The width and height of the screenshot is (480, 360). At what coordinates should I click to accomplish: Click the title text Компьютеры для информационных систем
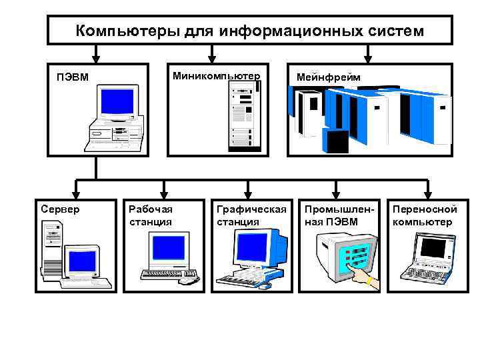pos(249,31)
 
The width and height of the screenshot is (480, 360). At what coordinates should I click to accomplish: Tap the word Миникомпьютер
pos(216,75)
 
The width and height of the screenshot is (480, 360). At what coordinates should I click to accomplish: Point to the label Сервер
pos(60,209)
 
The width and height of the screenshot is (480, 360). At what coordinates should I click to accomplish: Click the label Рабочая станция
pos(151,215)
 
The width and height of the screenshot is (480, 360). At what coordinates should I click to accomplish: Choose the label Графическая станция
pos(251,215)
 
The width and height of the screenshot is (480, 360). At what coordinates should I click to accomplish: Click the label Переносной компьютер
pos(425,215)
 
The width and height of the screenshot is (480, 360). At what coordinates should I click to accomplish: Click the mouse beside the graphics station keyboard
pos(265,285)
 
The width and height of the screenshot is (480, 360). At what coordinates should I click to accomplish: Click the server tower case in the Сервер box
pos(53,250)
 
